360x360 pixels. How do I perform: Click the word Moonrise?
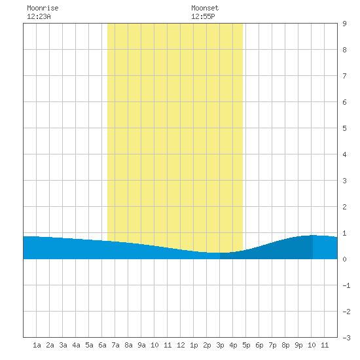43,8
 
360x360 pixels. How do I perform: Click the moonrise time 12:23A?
39,16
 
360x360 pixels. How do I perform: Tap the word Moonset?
205,8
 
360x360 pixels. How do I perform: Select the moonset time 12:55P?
203,16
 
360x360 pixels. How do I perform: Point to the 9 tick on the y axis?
344,24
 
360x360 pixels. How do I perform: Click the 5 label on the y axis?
344,128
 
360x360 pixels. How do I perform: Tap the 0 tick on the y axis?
344,259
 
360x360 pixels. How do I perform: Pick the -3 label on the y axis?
346,338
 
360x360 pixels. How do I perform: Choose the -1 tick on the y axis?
346,285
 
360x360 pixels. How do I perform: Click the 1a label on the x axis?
37,345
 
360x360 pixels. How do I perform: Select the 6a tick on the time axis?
102,345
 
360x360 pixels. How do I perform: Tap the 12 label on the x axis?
181,345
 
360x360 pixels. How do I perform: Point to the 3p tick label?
220,345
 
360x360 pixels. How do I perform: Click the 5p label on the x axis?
246,345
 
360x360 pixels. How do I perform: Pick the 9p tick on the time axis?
298,345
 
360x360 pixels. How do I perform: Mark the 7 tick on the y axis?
344,76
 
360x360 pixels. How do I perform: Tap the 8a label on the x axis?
128,345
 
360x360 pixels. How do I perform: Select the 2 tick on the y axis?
344,207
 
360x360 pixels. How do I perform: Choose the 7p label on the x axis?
272,345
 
